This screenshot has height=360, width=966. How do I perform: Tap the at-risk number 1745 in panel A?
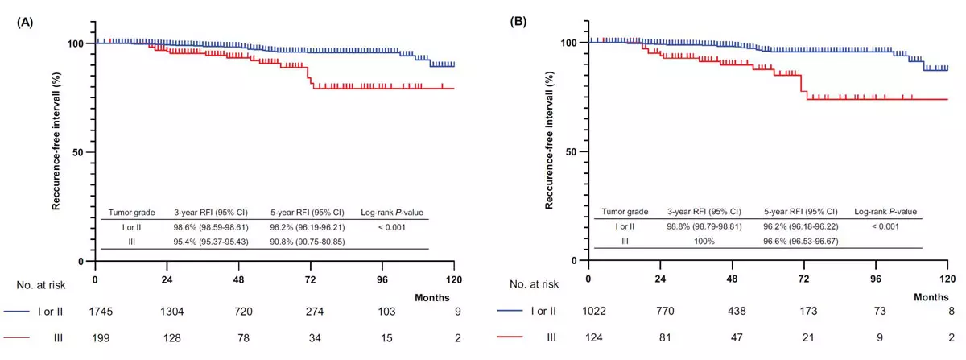(95, 310)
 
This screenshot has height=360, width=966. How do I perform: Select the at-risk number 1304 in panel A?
(167, 310)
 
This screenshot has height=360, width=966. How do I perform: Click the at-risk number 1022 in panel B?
(588, 310)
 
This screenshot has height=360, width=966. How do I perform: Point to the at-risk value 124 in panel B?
(588, 338)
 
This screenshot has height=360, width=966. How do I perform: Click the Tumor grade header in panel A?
(132, 213)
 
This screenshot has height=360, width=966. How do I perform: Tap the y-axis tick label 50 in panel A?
(82, 152)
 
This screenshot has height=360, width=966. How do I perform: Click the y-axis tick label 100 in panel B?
(573, 43)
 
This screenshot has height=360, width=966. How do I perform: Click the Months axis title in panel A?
(431, 298)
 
